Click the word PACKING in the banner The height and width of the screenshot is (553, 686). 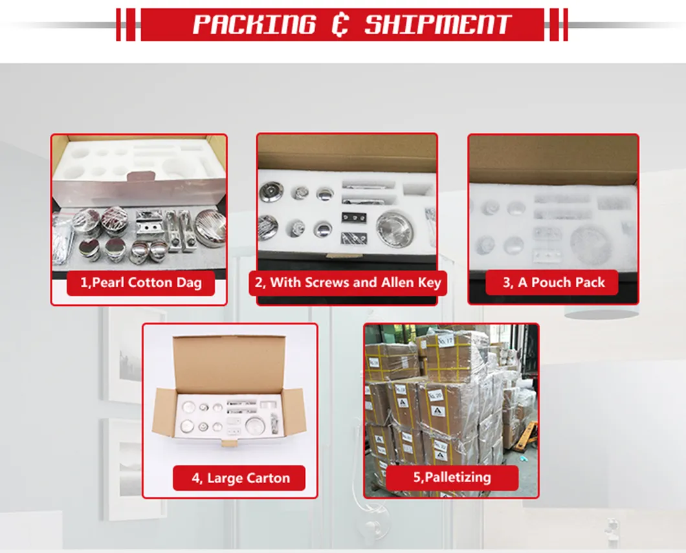(x=253, y=25)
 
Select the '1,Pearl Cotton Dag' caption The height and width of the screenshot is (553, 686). (x=140, y=283)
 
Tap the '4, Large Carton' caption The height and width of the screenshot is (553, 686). (x=240, y=479)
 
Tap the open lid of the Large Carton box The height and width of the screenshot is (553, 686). (x=229, y=363)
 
